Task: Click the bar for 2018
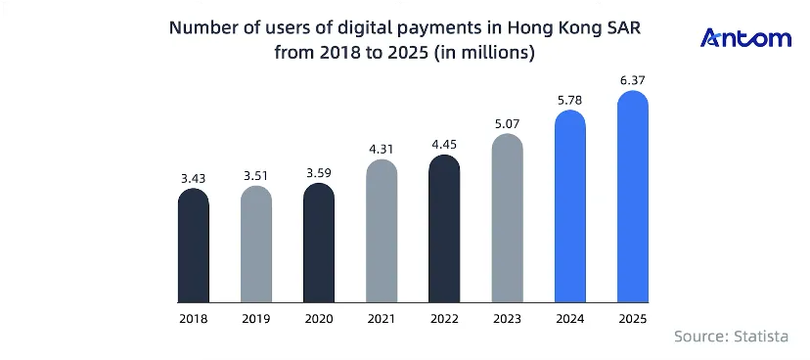click(193, 246)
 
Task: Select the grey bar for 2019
click(256, 244)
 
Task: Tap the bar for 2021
click(382, 231)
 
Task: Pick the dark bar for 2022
click(444, 228)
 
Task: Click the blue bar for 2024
click(569, 206)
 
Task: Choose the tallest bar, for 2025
click(633, 197)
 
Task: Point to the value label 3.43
click(193, 179)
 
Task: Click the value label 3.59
click(319, 173)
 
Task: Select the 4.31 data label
click(382, 150)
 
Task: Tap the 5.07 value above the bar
click(507, 124)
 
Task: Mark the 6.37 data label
click(633, 80)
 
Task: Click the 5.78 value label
click(569, 100)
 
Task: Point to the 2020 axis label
click(319, 319)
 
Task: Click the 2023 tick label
click(507, 319)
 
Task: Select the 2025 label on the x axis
click(633, 319)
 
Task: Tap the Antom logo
click(745, 38)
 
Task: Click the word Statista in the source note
click(761, 337)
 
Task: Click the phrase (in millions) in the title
click(484, 53)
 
